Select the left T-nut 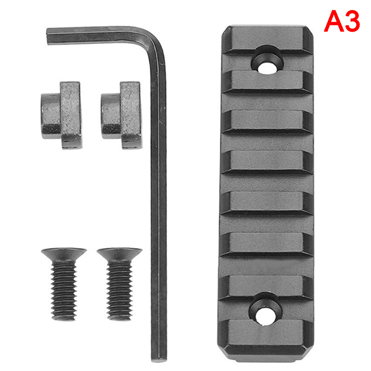62,115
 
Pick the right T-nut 122,115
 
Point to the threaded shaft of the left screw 64,291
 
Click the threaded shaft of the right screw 119,291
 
